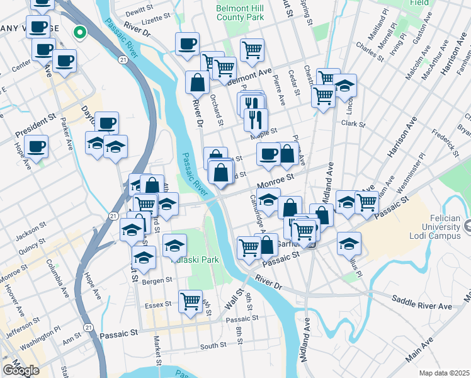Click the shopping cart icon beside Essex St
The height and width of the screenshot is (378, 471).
click(190, 301)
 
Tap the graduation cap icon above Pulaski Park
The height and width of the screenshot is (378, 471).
click(175, 245)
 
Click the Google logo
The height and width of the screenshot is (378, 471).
click(21, 370)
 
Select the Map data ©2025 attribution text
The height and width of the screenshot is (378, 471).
click(443, 373)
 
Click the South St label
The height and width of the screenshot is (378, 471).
click(213, 345)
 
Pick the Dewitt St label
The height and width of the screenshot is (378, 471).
click(140, 11)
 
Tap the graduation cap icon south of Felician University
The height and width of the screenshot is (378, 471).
click(349, 244)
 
